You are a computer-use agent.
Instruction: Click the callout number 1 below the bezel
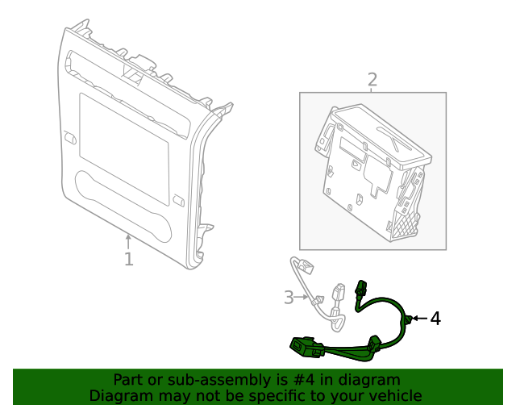[x=128, y=259]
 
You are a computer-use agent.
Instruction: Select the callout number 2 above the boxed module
[x=372, y=79]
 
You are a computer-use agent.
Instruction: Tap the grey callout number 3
[x=289, y=298]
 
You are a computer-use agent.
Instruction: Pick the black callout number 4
[x=435, y=319]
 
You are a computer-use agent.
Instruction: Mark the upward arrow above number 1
[x=128, y=239]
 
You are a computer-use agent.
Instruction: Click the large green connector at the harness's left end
[x=305, y=347]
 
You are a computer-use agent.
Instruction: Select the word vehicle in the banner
[x=393, y=395]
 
